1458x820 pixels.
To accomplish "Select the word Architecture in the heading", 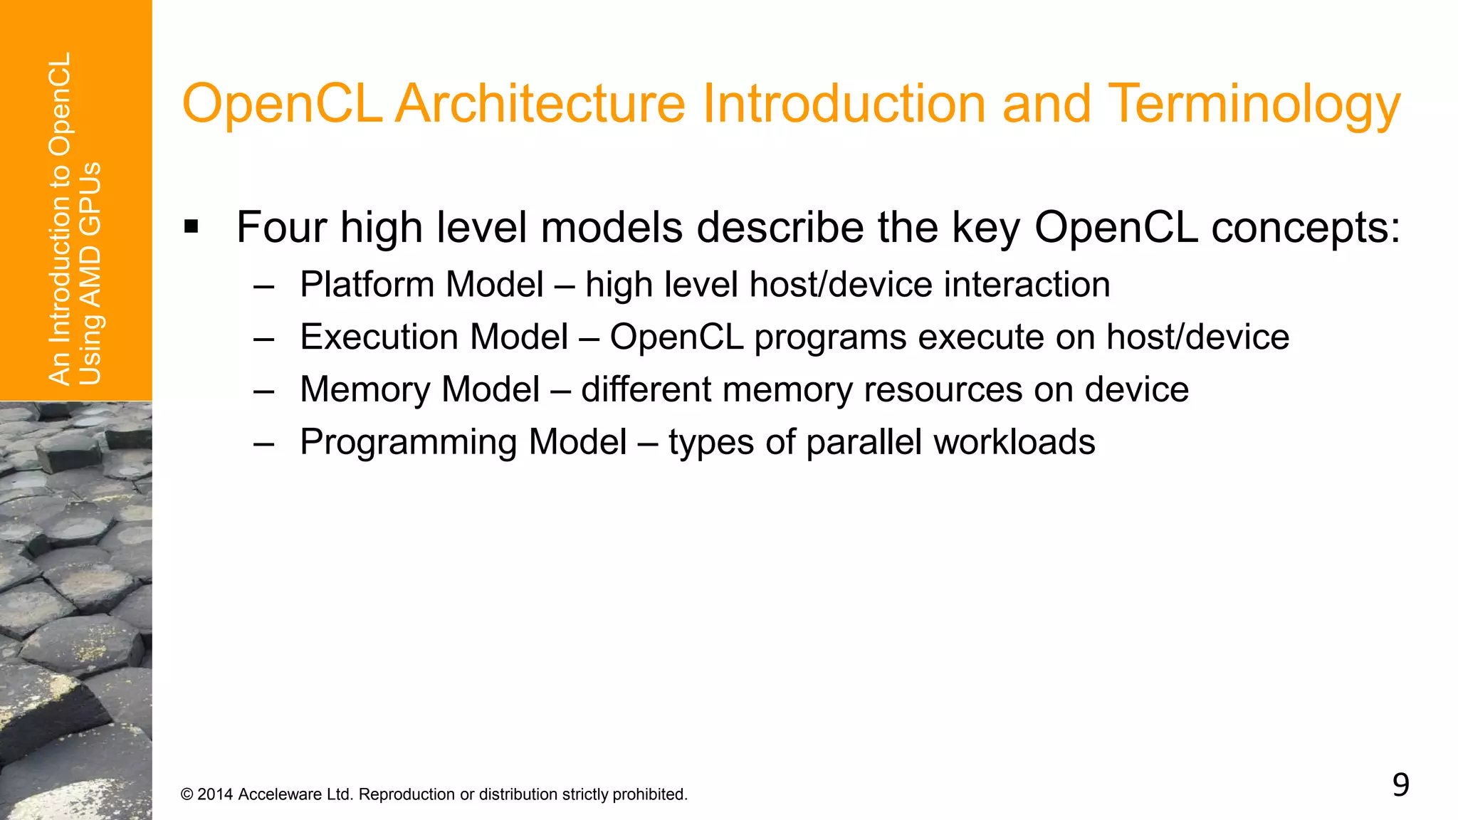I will click(x=540, y=104).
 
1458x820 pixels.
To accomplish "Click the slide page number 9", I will click(x=1400, y=785).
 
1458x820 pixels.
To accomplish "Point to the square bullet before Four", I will click(x=191, y=228).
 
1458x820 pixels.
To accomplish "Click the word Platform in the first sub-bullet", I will click(x=367, y=285).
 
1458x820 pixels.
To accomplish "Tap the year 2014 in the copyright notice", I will click(x=215, y=794).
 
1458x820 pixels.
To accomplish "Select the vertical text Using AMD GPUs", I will click(x=90, y=273).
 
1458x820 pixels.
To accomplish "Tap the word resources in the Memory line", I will click(x=943, y=390).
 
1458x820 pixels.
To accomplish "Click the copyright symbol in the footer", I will click(x=187, y=794).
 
